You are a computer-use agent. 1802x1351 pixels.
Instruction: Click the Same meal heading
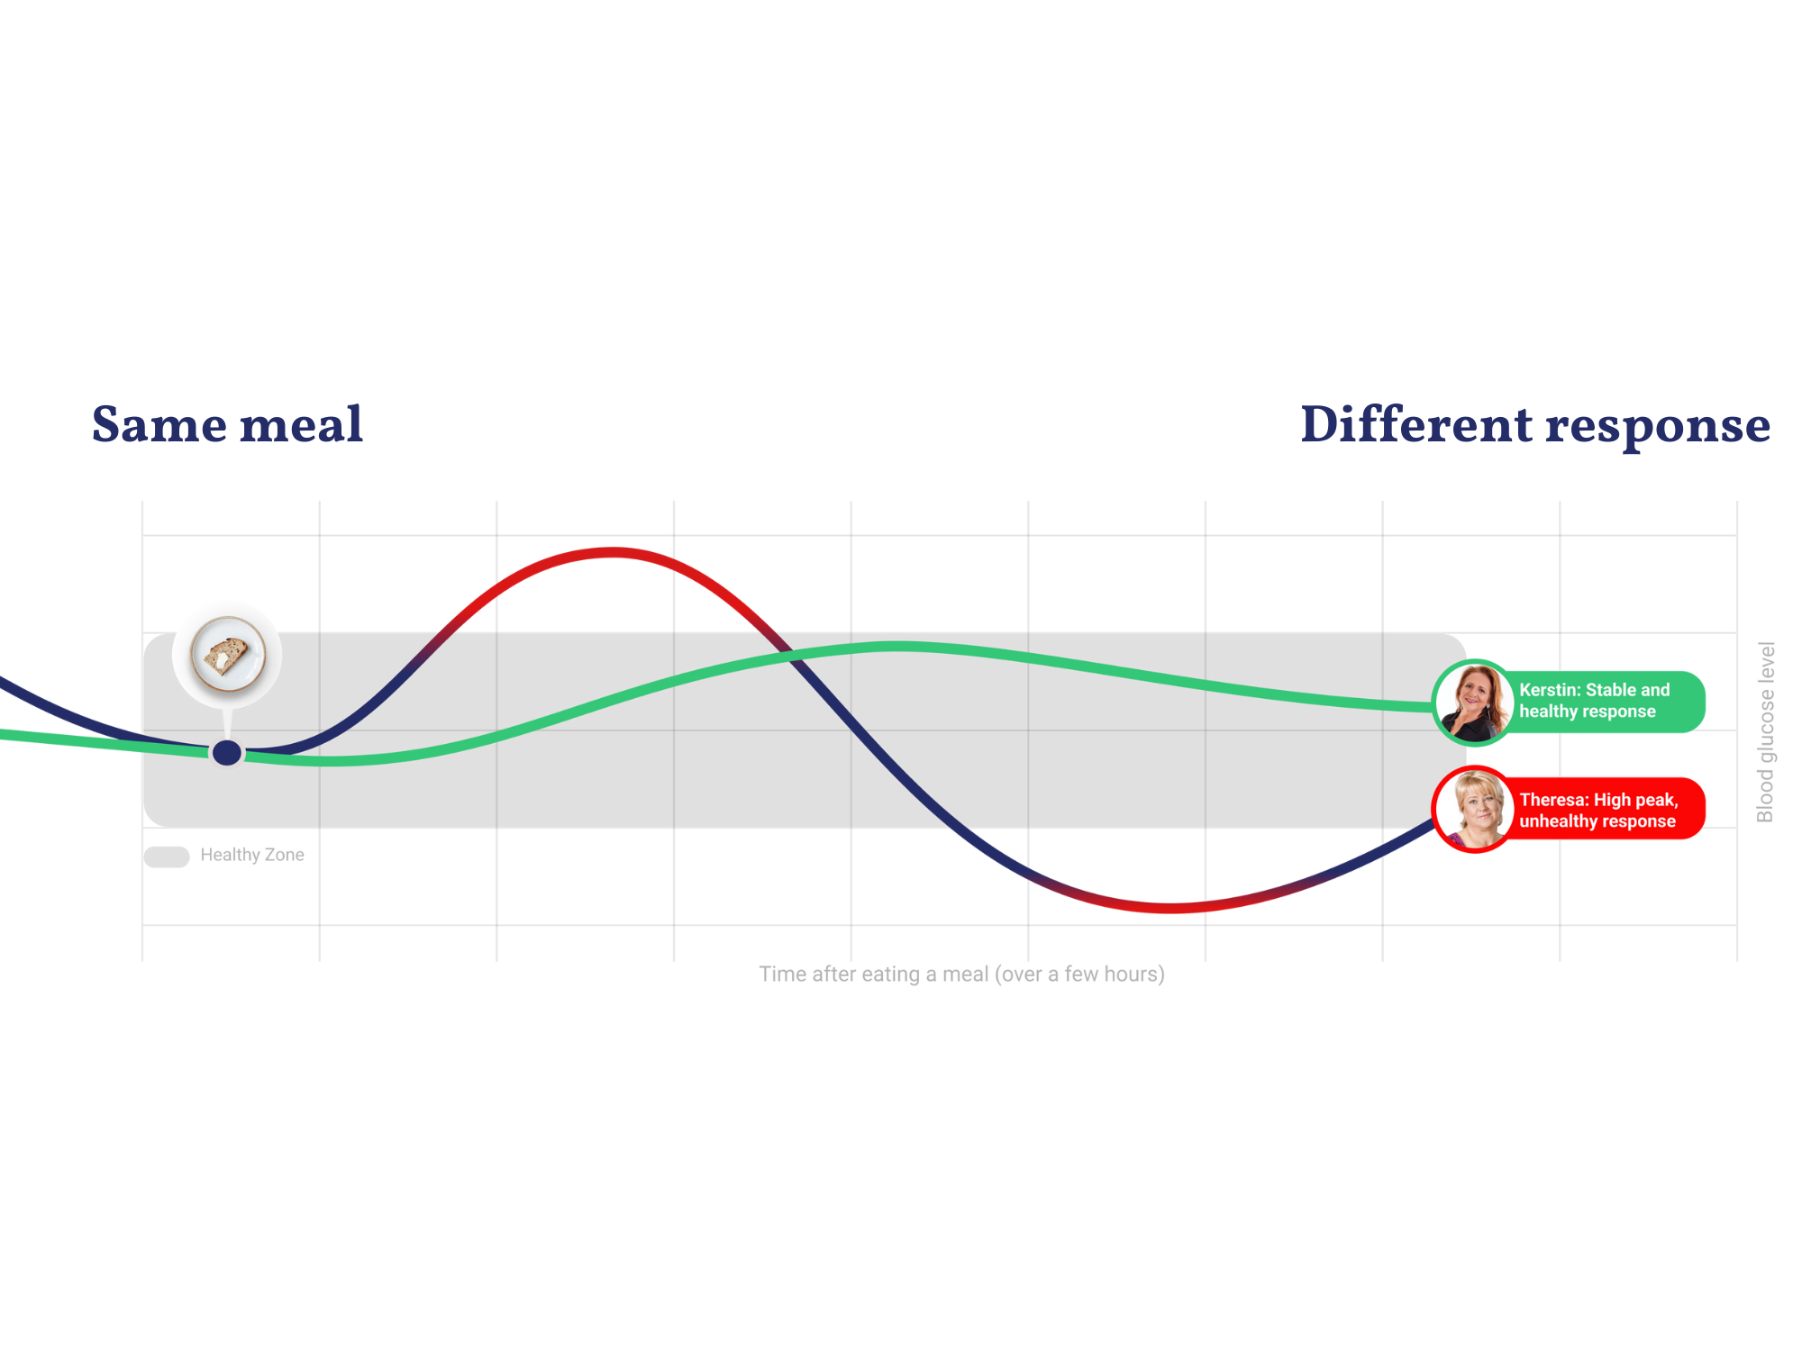click(225, 425)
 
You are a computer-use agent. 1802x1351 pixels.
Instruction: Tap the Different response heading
click(1532, 425)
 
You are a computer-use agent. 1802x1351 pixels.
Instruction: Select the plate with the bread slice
click(227, 654)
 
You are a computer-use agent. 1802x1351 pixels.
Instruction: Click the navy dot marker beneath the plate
click(227, 752)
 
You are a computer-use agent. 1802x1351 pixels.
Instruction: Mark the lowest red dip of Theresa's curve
click(1171, 907)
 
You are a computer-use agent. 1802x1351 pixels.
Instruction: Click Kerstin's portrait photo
click(1473, 703)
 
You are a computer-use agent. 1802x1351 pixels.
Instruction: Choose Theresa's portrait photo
click(1473, 809)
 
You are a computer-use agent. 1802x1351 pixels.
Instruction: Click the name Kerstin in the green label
click(1547, 690)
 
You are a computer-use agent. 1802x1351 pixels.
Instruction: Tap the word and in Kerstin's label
click(1654, 690)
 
